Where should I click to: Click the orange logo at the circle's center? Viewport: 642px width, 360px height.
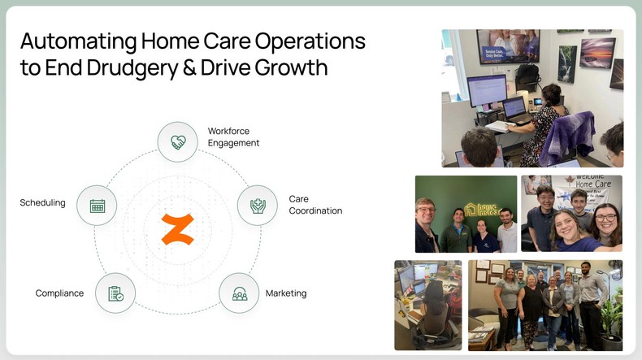click(x=177, y=228)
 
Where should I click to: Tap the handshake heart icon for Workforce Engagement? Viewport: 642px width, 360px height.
click(x=177, y=142)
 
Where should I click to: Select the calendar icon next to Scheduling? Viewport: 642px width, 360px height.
click(x=98, y=206)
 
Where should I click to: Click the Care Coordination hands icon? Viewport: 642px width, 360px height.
click(x=257, y=206)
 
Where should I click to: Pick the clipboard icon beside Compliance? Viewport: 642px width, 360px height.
click(x=115, y=293)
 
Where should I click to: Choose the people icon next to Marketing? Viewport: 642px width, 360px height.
click(x=240, y=293)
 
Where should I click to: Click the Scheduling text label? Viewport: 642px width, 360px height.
click(x=42, y=202)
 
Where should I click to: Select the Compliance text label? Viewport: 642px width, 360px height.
click(x=59, y=293)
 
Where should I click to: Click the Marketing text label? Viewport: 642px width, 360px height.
click(x=286, y=293)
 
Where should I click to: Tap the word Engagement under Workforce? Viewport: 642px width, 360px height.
click(x=233, y=143)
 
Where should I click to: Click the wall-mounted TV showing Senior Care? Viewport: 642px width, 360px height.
click(x=508, y=46)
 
